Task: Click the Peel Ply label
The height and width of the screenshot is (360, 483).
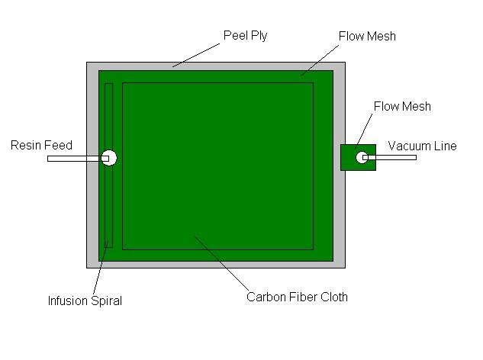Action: click(245, 36)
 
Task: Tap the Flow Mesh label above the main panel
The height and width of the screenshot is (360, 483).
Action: click(367, 37)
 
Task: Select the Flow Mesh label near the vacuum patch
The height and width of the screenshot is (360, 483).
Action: click(402, 106)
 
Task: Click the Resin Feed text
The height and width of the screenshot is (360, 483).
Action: click(41, 145)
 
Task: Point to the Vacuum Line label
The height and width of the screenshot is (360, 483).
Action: click(422, 146)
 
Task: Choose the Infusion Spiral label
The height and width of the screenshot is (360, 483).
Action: click(85, 301)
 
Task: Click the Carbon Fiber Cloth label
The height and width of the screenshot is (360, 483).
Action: click(297, 297)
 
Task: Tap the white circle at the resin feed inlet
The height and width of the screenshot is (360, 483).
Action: click(109, 158)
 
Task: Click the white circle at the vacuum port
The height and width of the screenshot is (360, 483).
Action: click(362, 157)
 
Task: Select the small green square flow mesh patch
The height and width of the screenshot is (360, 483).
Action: click(359, 157)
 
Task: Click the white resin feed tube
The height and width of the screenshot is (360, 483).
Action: click(78, 159)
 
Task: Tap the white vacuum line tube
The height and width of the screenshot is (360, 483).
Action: click(390, 157)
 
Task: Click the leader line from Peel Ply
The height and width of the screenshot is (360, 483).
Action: click(196, 55)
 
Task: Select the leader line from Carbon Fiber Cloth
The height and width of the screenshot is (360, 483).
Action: click(221, 263)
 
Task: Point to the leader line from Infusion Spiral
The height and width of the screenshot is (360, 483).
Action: click(101, 267)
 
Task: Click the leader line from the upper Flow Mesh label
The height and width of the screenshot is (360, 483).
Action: click(320, 60)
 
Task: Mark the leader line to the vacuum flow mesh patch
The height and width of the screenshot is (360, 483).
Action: click(363, 131)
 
